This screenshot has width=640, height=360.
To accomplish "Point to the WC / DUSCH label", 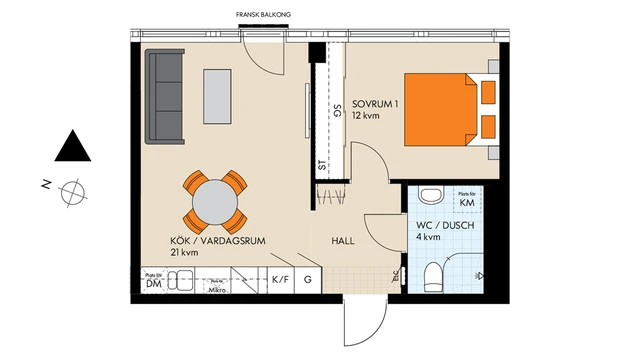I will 445,232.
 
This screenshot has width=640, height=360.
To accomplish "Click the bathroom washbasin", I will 430,195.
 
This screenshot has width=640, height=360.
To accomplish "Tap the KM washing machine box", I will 466,201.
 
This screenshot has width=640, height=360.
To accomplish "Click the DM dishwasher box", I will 154,282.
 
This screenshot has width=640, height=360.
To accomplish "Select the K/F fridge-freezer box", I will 280,281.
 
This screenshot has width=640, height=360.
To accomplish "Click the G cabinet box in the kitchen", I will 308,281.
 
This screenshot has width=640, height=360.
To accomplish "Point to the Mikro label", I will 214,288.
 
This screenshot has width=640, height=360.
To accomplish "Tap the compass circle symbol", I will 73,190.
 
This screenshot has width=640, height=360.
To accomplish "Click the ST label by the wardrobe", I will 322,166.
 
